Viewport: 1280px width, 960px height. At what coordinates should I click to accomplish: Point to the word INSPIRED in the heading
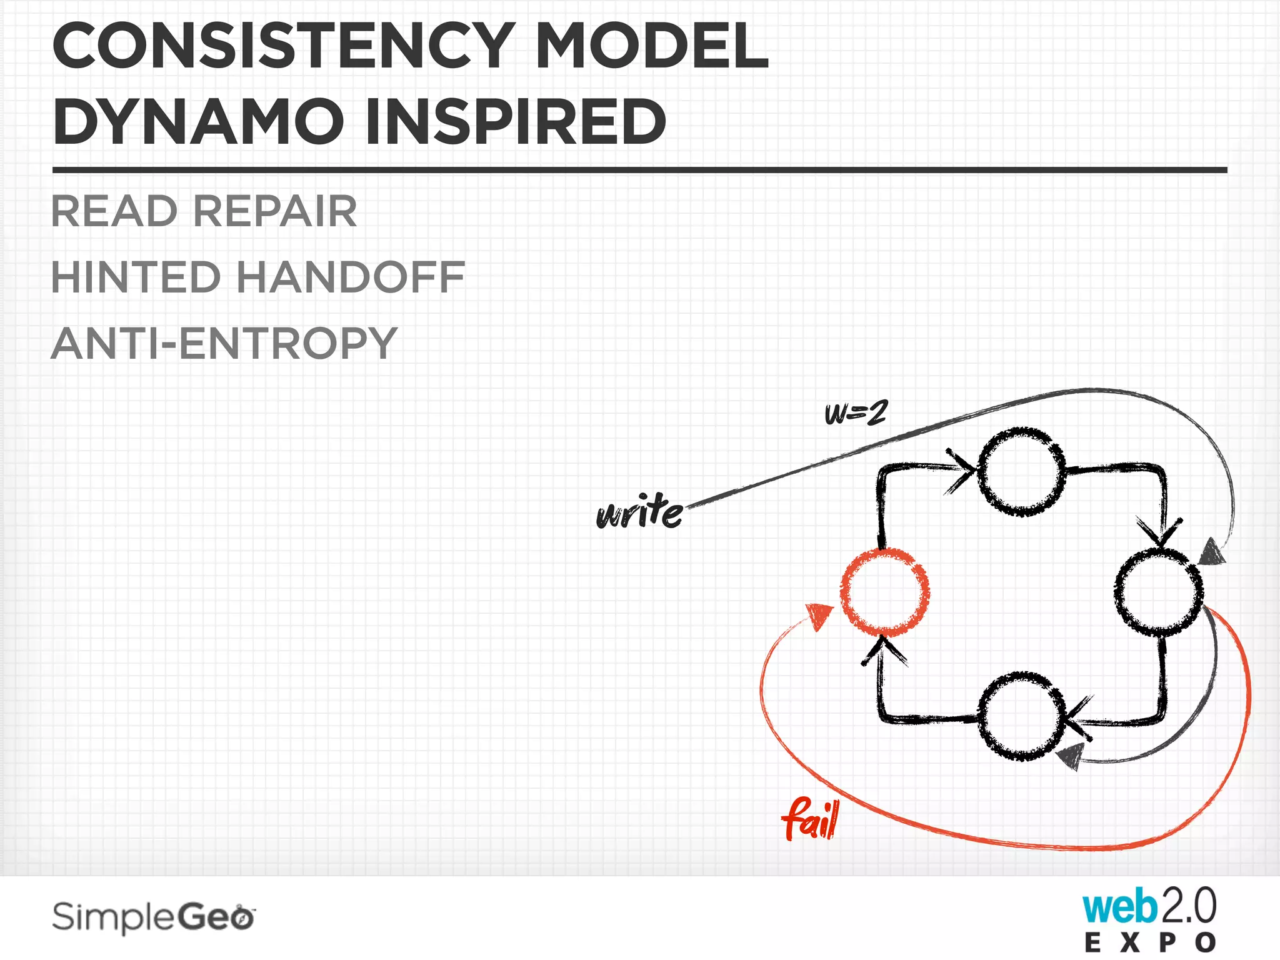tap(516, 121)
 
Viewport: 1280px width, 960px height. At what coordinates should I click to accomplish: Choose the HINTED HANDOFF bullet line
tap(258, 277)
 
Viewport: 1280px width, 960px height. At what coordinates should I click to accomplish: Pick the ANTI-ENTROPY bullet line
tap(224, 343)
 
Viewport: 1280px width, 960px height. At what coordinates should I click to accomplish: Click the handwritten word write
tap(639, 512)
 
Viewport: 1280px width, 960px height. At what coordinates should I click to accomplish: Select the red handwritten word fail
tap(811, 818)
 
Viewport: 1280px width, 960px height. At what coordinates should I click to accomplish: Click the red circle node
tap(884, 591)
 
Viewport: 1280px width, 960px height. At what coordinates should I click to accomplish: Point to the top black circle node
tap(1021, 472)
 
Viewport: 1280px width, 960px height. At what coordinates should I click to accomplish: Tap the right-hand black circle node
tap(1158, 591)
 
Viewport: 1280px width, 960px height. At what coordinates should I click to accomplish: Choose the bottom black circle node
tap(1021, 716)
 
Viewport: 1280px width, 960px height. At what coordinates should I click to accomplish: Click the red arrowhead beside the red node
tap(819, 616)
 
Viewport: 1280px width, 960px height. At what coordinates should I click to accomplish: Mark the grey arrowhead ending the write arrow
tap(1212, 552)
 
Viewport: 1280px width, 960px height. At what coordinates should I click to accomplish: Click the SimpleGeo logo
tap(154, 917)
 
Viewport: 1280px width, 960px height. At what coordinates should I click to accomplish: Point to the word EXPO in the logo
tap(1150, 942)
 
